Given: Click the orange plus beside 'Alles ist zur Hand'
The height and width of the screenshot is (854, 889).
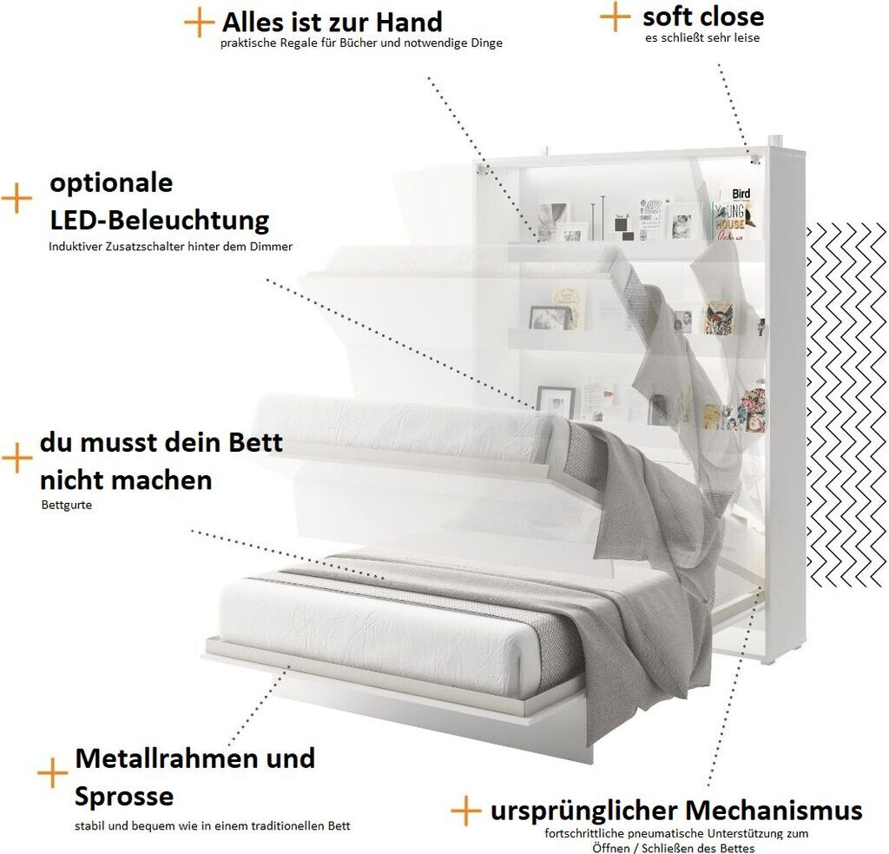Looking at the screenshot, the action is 199,23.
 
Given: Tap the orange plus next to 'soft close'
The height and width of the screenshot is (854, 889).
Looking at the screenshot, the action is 615,16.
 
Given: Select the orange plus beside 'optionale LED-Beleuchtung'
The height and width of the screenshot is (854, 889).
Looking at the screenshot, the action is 16,198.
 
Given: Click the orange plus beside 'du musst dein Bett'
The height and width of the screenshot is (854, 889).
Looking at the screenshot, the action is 16,458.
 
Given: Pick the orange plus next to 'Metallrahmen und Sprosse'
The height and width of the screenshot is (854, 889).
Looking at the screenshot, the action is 52,772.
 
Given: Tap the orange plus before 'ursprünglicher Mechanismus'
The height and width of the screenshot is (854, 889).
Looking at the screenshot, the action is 465,811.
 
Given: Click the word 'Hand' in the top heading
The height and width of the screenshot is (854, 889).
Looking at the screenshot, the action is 405,21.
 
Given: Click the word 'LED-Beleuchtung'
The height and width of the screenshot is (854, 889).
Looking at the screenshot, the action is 159,219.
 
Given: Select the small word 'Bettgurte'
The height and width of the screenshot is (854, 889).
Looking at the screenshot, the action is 66,505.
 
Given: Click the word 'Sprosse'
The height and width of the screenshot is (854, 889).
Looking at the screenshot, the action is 123,796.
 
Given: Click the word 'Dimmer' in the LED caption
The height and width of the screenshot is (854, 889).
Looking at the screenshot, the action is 272,246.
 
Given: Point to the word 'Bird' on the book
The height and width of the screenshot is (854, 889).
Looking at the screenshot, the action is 741,193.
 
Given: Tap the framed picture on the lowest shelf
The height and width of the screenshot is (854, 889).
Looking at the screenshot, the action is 556,401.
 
